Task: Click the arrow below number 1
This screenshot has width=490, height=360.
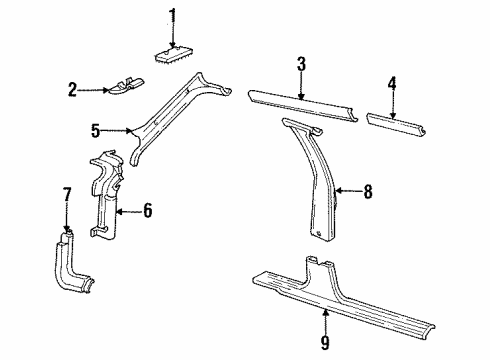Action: [x=171, y=35]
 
